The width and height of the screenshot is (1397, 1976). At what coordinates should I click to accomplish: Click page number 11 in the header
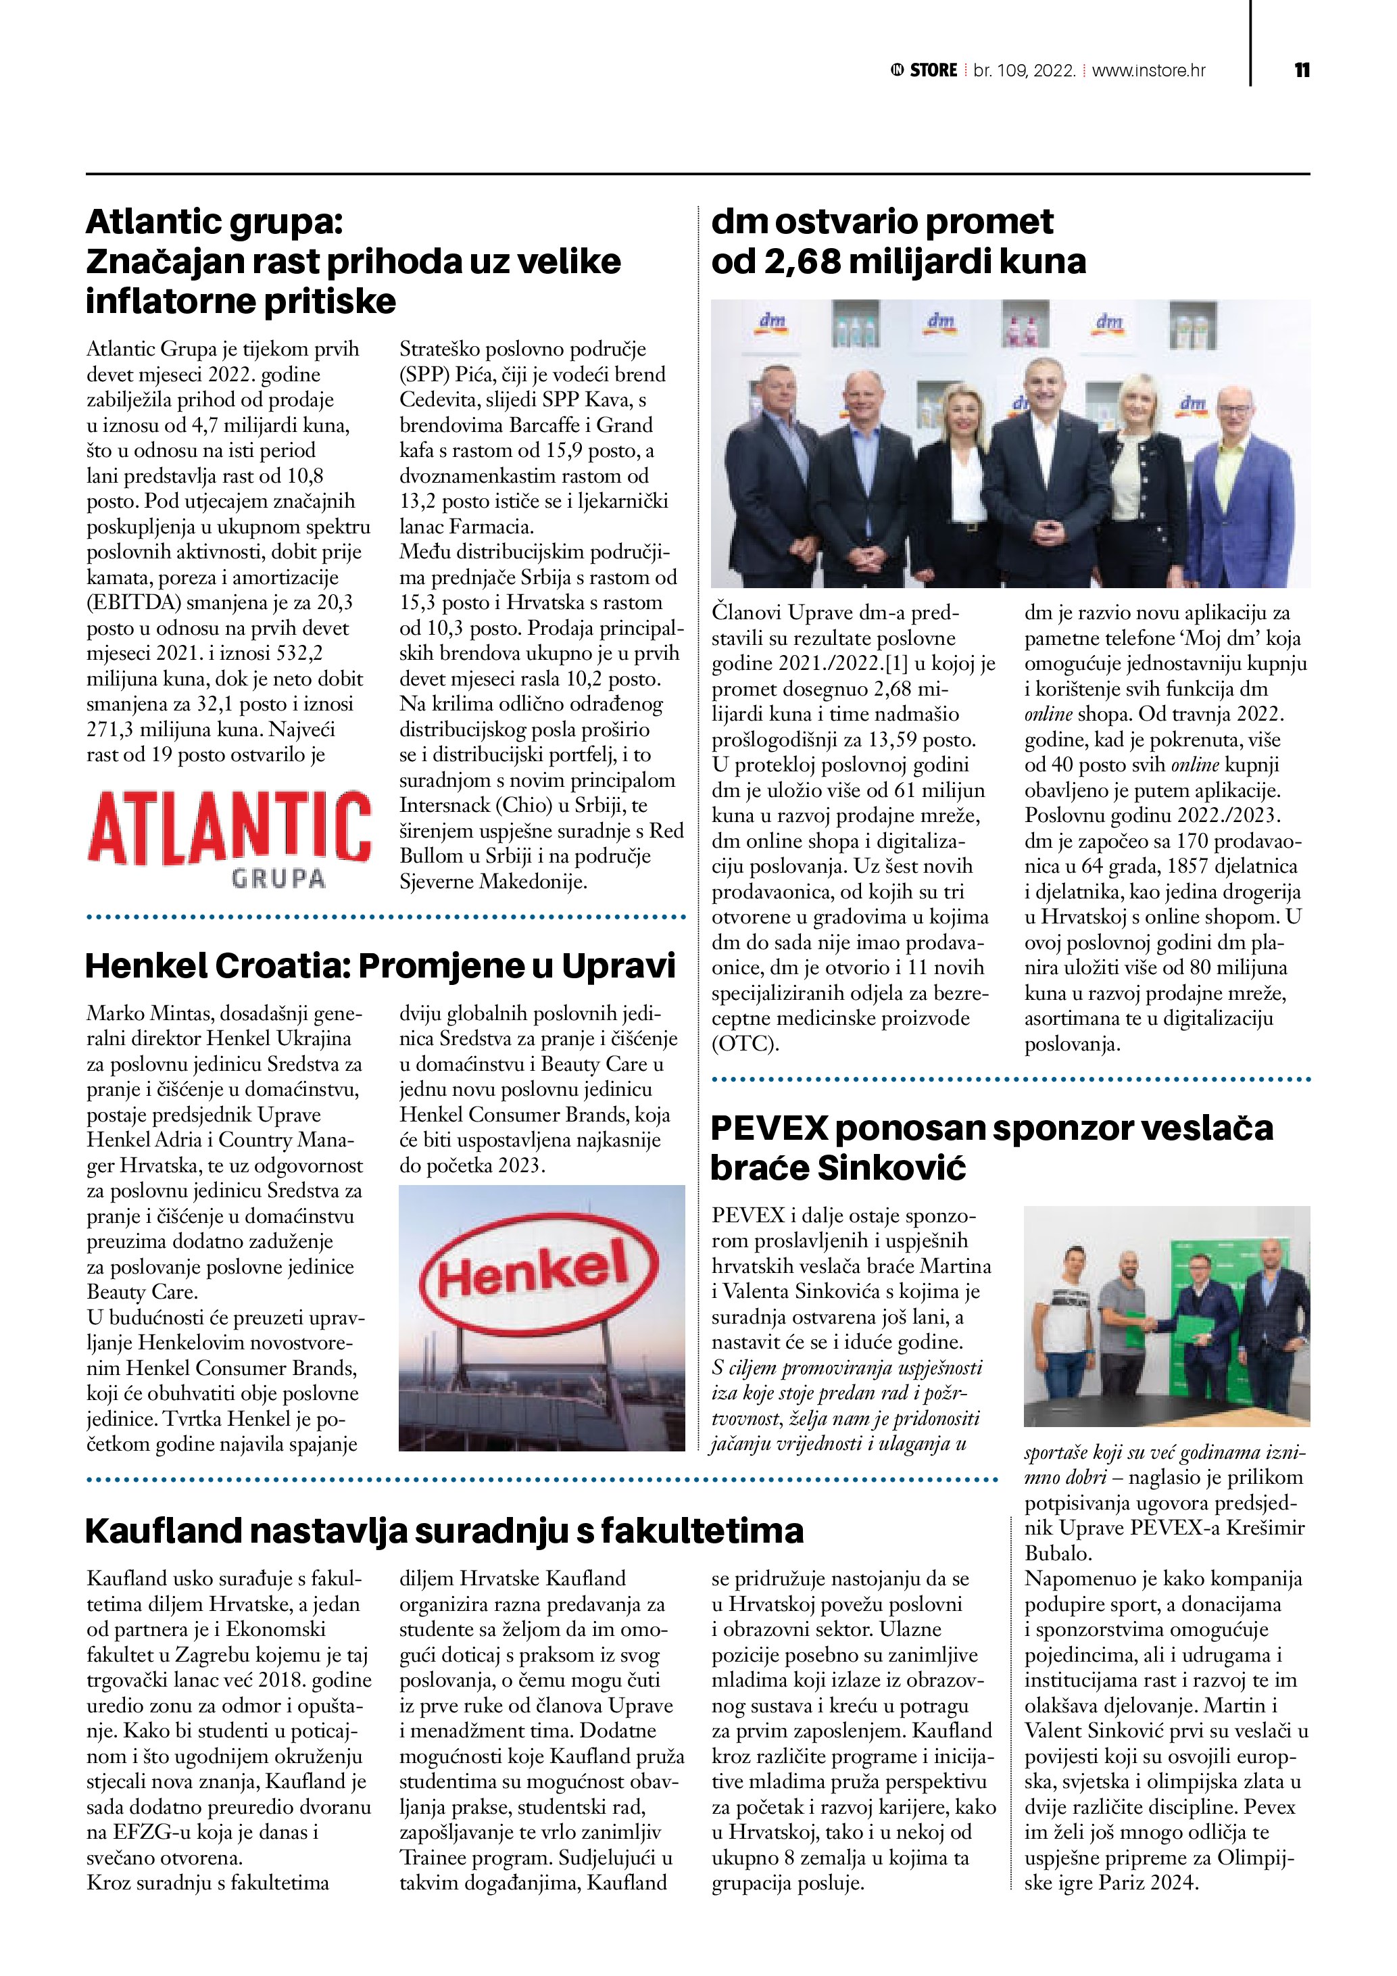click(1302, 70)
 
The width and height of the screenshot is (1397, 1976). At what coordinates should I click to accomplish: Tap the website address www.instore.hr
click(1148, 70)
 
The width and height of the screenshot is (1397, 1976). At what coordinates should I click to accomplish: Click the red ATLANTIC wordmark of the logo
click(229, 828)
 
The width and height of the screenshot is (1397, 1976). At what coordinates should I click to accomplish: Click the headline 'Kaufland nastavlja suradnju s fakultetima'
click(444, 1531)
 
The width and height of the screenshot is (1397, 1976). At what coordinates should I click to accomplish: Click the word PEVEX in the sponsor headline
click(769, 1128)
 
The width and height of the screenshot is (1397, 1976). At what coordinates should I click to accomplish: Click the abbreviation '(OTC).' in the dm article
click(745, 1044)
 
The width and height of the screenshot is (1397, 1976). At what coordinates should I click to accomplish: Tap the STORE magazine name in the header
click(933, 70)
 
